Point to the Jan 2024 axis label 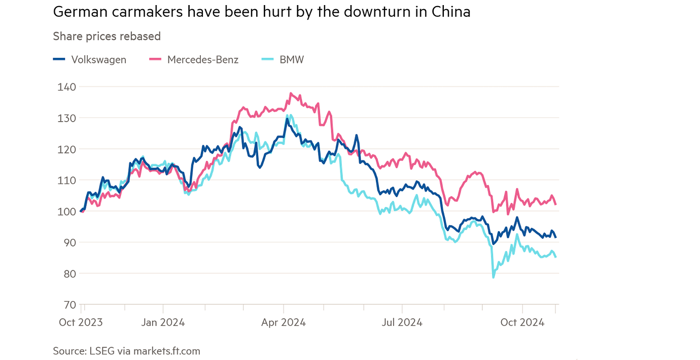point(163,322)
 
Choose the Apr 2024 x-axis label point(284,322)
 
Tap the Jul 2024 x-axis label point(402,322)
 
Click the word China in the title point(448,12)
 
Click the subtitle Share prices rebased point(107,37)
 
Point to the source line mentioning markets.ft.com point(126,351)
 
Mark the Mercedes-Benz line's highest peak point(291,93)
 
